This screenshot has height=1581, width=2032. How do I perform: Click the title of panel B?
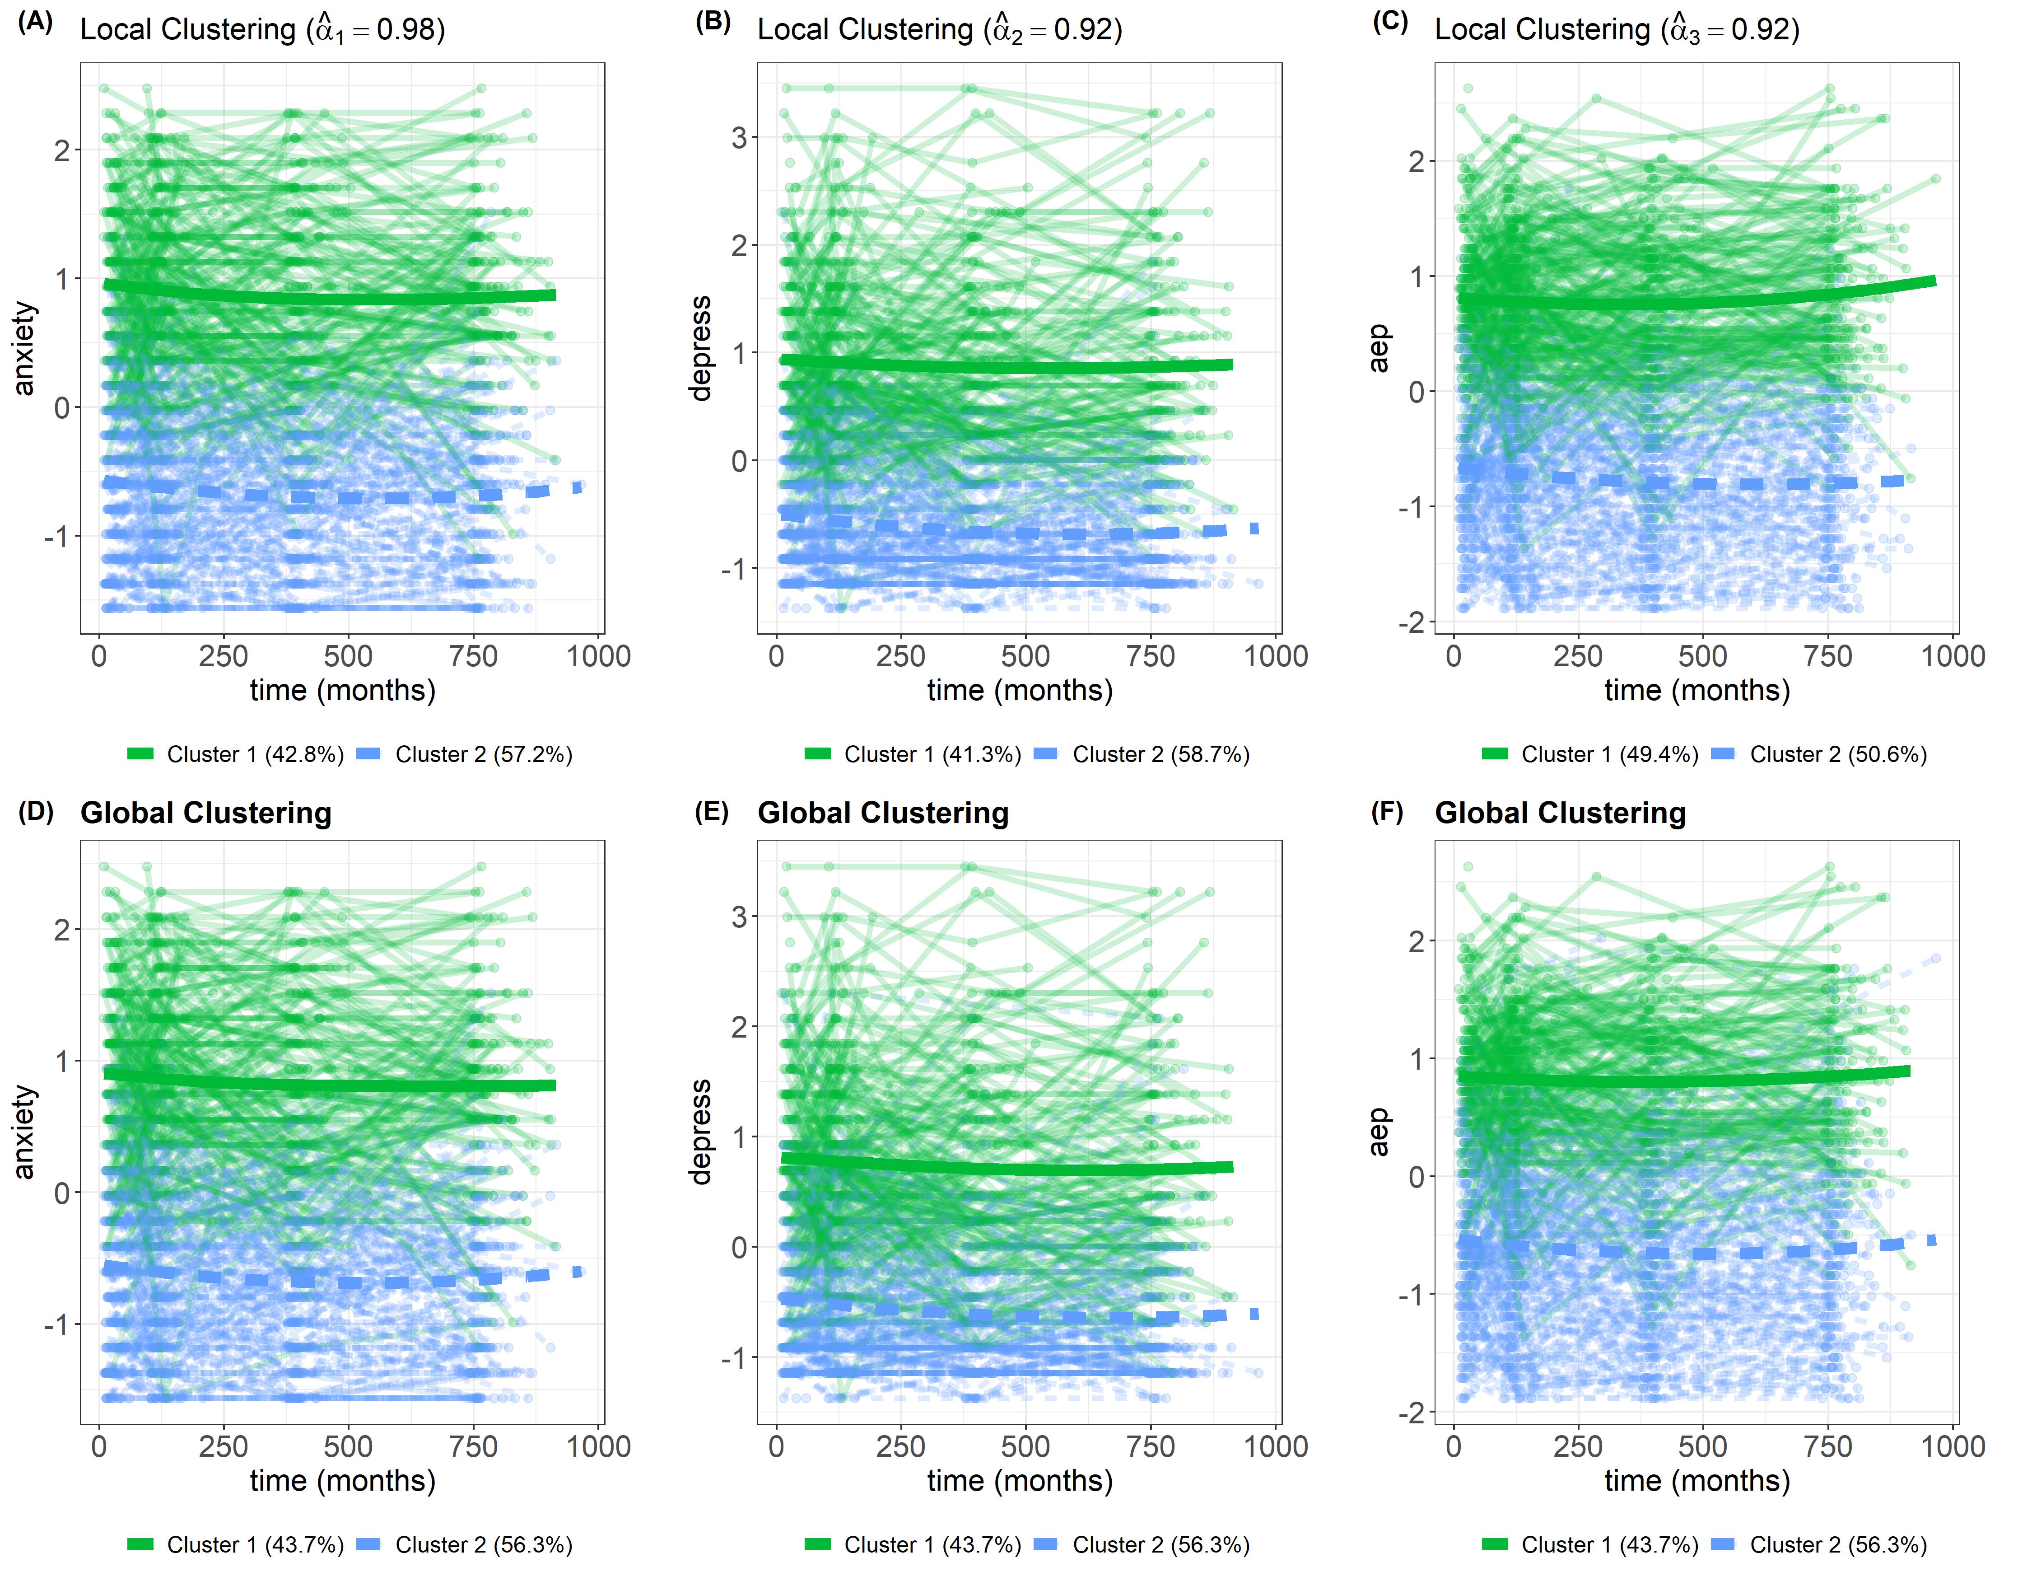940,30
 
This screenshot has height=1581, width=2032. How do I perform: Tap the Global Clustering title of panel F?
1560,813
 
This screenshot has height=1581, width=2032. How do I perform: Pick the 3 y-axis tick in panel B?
740,138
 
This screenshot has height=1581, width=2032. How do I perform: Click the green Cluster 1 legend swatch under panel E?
818,1545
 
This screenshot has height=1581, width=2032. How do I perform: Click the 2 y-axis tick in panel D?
62,930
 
